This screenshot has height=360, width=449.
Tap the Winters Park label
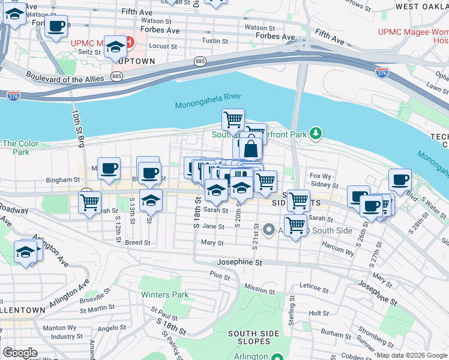point(164,295)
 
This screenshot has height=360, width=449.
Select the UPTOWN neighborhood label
point(136,61)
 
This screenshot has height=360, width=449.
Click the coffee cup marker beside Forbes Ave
point(56,27)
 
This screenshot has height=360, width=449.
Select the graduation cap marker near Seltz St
point(115,47)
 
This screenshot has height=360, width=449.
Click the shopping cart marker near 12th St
point(89,203)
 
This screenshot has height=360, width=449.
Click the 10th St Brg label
point(77,128)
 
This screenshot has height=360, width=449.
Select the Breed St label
point(137,242)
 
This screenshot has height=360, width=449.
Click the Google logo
point(20,353)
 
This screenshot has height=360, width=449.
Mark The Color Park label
point(20,148)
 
